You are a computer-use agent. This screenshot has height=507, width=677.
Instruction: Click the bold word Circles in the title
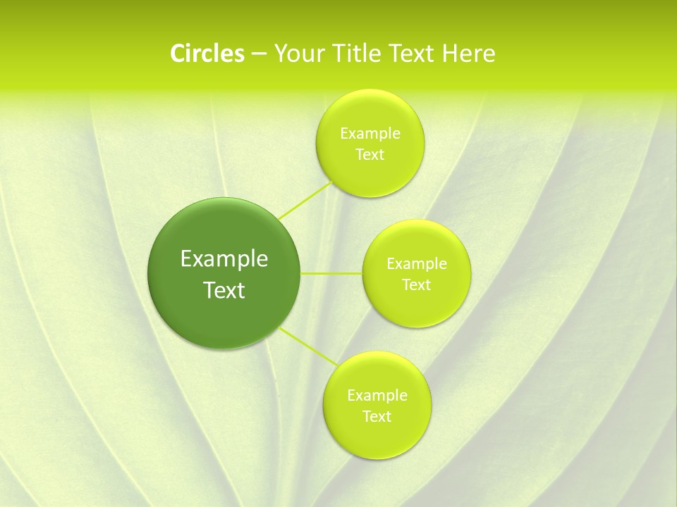tap(207, 54)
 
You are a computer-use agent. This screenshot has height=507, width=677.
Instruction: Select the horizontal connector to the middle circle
tap(331, 273)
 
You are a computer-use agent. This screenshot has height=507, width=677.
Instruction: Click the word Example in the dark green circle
tap(224, 259)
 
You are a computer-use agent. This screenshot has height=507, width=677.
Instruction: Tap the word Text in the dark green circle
tap(224, 290)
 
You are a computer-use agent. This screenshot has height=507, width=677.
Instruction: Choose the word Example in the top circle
tap(370, 133)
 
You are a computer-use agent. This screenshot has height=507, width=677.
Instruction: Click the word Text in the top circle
tap(370, 155)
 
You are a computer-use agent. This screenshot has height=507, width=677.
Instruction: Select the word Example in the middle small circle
tap(416, 264)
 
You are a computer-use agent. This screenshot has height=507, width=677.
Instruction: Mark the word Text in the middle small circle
tap(416, 285)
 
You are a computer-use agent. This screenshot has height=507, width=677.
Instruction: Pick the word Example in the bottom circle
tap(377, 395)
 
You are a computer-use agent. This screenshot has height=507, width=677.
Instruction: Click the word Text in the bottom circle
tap(377, 416)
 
